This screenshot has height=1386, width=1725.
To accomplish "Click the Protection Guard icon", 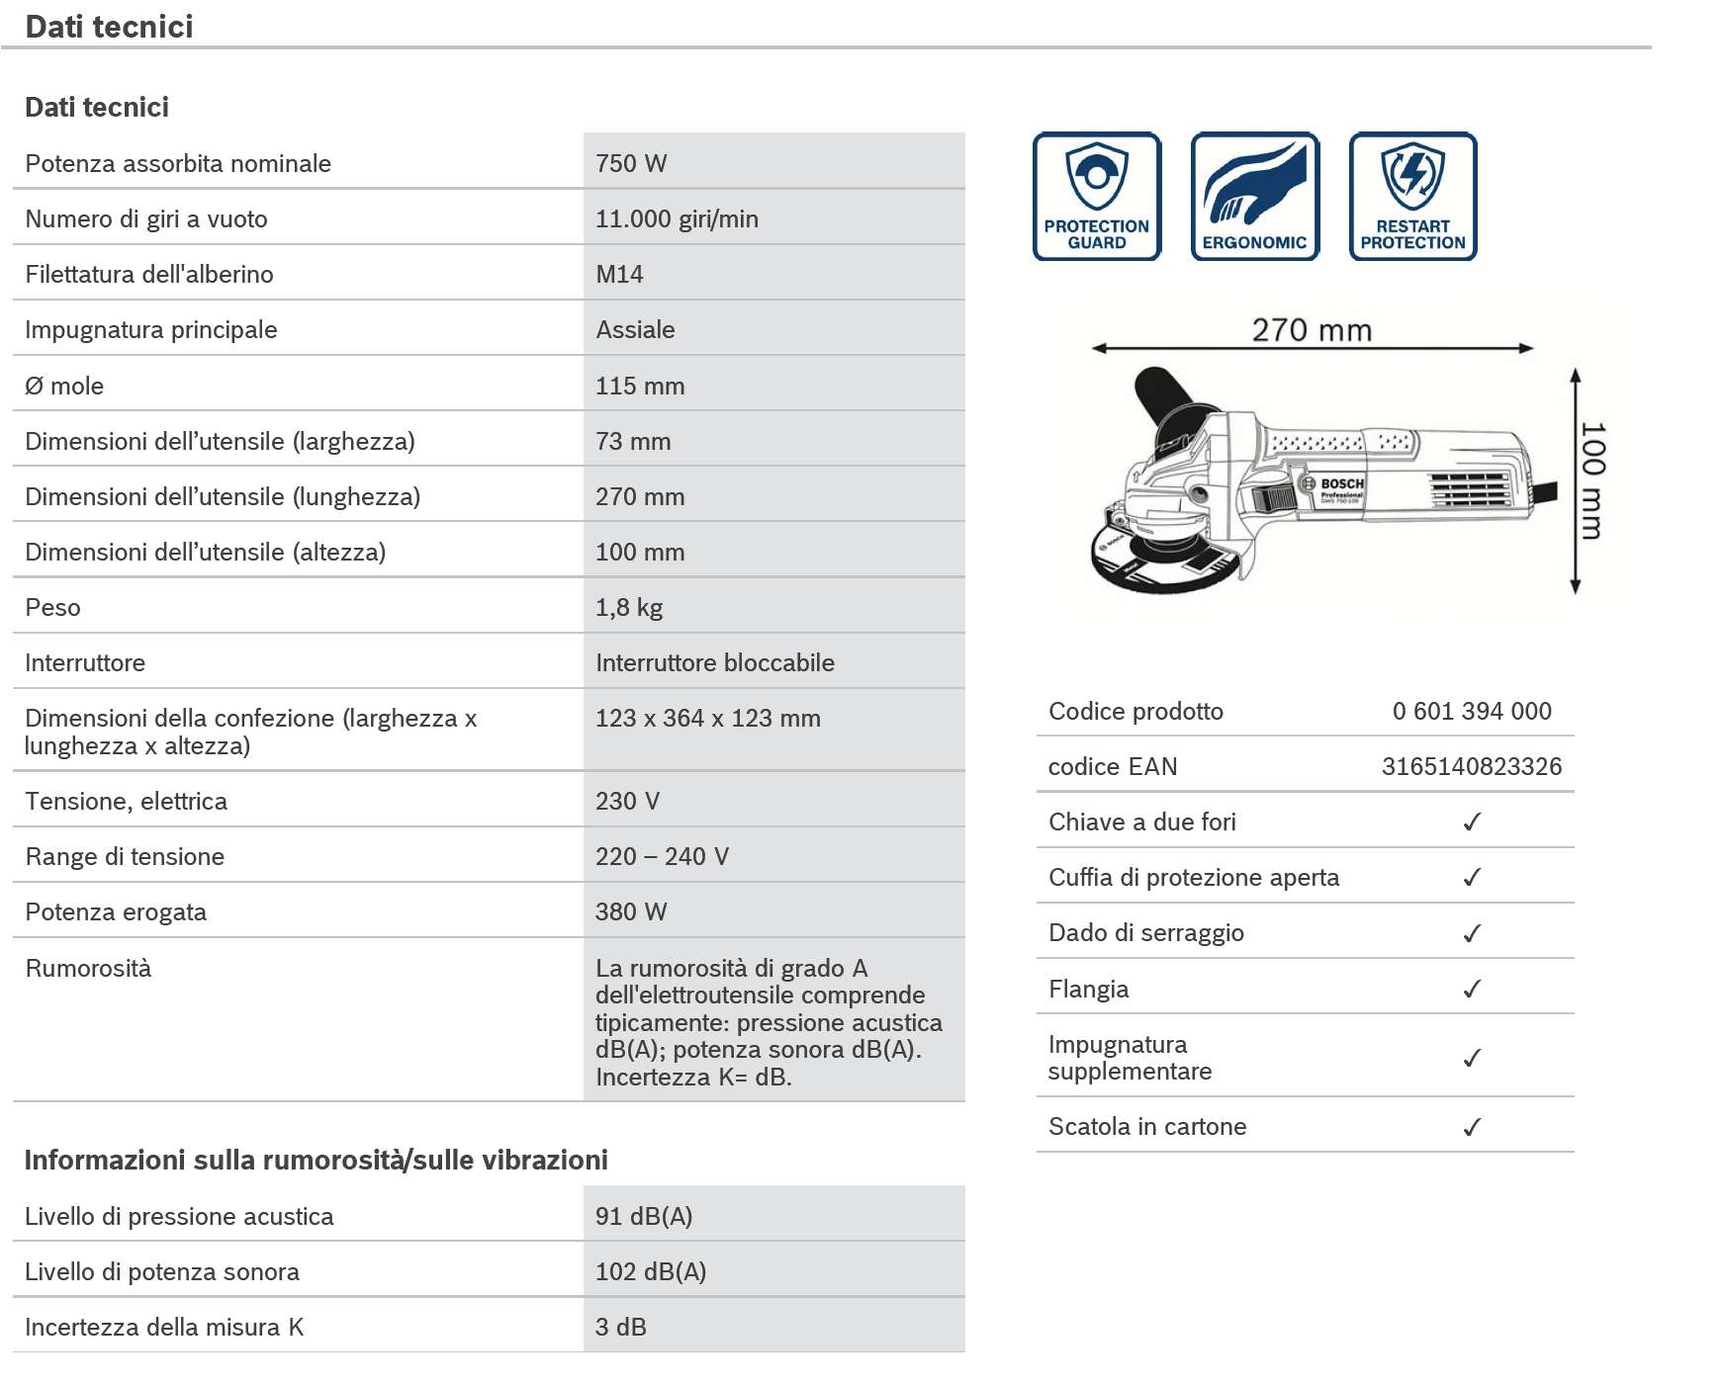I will [x=1096, y=196].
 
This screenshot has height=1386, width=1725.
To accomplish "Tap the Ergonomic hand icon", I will [x=1254, y=196].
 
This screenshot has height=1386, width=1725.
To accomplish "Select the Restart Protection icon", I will [x=1412, y=196].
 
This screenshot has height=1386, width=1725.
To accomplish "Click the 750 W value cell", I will [x=631, y=163].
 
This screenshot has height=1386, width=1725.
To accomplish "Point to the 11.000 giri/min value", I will [x=677, y=218].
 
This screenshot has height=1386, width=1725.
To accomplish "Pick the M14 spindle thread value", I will [x=619, y=274].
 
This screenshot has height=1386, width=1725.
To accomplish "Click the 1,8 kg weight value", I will [x=629, y=607].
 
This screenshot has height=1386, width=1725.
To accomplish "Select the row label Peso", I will [x=53, y=607].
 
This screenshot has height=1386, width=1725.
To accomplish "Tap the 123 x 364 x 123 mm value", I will [x=707, y=718].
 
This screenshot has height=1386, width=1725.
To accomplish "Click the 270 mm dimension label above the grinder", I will [x=1312, y=329].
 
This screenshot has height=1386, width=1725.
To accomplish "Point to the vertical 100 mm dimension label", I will [x=1592, y=480].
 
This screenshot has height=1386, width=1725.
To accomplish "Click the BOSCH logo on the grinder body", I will [x=1342, y=483].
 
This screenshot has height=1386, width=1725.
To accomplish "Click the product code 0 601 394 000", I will [x=1472, y=711].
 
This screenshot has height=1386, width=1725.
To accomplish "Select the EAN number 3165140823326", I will [x=1472, y=766].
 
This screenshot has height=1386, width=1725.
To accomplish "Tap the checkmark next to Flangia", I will [x=1472, y=989].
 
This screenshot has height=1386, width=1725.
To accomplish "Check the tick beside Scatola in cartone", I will [x=1472, y=1126].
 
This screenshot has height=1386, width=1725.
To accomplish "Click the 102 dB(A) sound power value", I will [x=651, y=1271].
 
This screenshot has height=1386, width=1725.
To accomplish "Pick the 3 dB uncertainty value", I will [x=621, y=1327].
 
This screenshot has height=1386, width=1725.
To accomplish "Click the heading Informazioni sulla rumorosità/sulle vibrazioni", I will [x=316, y=1160].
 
